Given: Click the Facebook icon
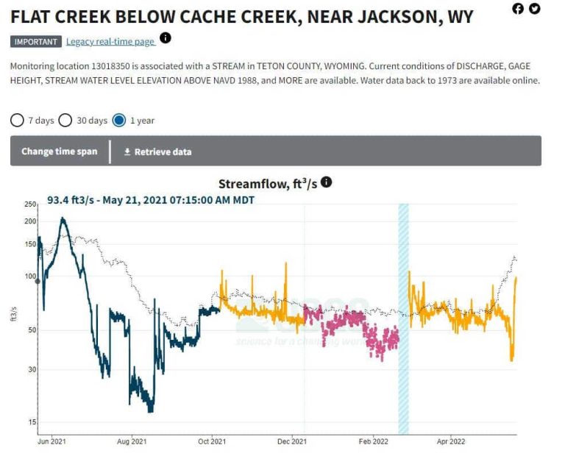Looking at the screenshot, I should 518,9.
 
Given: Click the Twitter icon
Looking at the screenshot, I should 534,9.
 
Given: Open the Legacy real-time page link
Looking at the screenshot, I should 110,42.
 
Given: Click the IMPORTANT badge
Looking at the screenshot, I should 35,42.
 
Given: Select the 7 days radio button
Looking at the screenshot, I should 17,120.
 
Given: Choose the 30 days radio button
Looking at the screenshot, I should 65,120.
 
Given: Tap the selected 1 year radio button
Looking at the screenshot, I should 119,120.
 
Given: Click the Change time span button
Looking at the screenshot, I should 59,152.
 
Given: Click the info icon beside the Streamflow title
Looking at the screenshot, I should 327,182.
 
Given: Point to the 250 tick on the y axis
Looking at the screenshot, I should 30,204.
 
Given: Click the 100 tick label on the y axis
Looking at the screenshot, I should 30,277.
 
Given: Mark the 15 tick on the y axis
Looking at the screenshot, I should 32,422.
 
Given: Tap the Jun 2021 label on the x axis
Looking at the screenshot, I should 52,442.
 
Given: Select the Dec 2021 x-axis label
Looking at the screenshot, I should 293,442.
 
